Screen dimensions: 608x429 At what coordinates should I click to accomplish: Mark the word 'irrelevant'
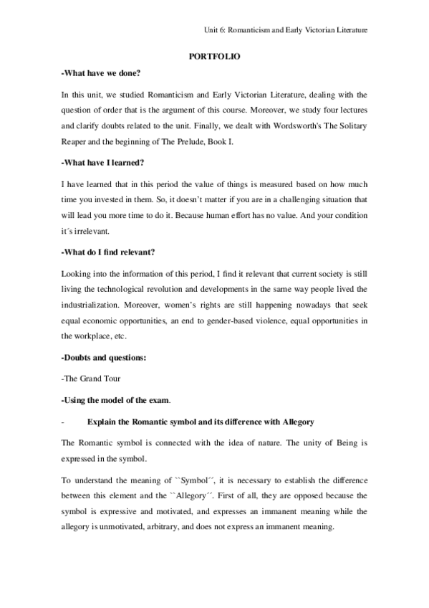pos(90,232)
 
